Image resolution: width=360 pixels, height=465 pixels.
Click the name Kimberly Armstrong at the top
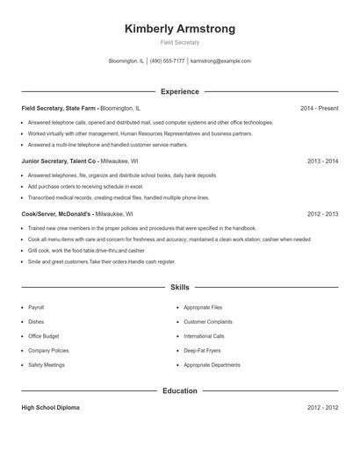180,29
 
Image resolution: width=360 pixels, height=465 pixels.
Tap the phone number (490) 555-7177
168,61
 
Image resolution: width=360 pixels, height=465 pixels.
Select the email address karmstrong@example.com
220,61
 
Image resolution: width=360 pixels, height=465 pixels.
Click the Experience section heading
180,91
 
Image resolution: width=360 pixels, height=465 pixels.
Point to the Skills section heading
180,287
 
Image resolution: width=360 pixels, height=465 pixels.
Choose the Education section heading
180,390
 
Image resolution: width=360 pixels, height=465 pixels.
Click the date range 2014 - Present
319,108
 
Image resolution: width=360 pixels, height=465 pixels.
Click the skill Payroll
36,308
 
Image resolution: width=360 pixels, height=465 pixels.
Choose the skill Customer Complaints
208,322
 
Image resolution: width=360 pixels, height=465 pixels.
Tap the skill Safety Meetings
47,364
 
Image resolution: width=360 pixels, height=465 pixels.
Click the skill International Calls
204,336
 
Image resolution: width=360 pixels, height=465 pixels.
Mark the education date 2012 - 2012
323,408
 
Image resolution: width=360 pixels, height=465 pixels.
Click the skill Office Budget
44,336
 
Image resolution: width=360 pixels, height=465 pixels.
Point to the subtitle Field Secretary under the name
180,42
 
